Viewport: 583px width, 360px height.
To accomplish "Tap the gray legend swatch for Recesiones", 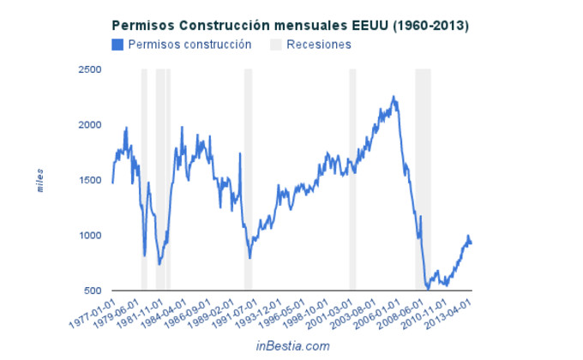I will pos(276,44).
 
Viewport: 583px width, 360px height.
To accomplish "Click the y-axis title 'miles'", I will pos(39,180).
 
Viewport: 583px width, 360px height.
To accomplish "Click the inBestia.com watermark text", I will pos(292,345).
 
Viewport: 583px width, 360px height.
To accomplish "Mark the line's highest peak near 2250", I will pos(393,97).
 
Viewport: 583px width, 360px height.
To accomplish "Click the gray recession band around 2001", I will pos(352,180).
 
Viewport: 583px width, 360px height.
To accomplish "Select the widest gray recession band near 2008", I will pos(423,180).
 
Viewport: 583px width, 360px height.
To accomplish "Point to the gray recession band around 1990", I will pos(248,180).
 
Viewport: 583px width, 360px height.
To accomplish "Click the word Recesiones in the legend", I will pos(319,44).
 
